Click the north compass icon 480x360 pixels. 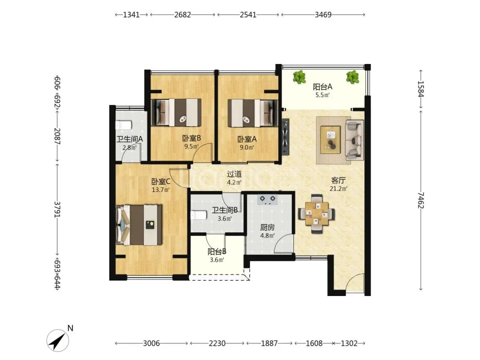[x=57, y=340]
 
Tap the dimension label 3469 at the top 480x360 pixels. [x=323, y=15]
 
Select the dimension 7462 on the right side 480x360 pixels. [x=421, y=200]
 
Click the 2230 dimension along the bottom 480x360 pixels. [x=217, y=344]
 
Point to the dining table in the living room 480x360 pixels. [x=316, y=213]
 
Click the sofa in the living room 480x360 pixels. [x=355, y=140]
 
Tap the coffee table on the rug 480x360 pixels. [x=330, y=140]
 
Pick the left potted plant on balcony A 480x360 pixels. [x=299, y=77]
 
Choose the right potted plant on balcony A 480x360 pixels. [x=352, y=77]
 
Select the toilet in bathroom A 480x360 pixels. [x=124, y=125]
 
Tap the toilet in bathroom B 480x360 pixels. [x=199, y=215]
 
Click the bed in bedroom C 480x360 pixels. [x=139, y=225]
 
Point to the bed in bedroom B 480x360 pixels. [x=176, y=112]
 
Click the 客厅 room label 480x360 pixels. [x=338, y=180]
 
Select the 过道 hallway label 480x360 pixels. [x=234, y=174]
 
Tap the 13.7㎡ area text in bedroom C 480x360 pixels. [x=161, y=190]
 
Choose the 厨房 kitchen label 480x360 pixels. [x=267, y=228]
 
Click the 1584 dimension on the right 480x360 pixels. [x=421, y=89]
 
